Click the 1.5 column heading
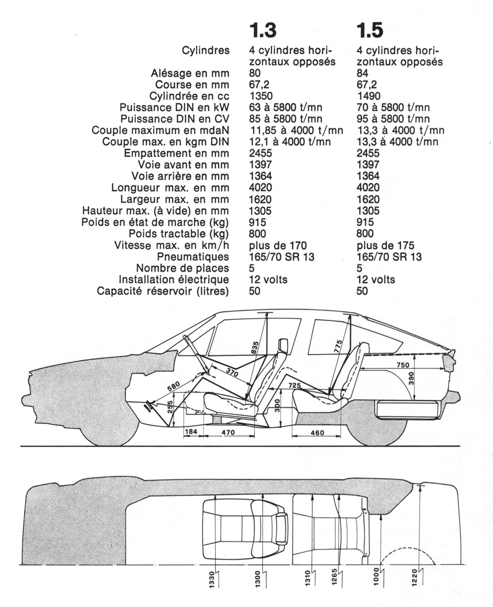tap(369, 30)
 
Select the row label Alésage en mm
tap(190, 73)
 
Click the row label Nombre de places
tap(182, 269)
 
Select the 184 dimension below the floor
tap(191, 433)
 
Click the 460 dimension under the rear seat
tap(317, 433)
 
